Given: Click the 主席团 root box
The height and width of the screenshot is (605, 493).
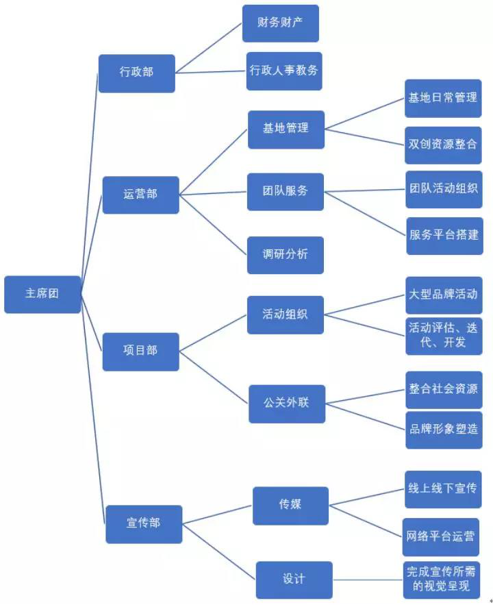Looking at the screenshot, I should click(x=42, y=294).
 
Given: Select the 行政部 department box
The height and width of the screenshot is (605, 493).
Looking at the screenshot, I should click(x=136, y=72).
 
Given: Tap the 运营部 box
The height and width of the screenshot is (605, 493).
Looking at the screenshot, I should click(x=140, y=194).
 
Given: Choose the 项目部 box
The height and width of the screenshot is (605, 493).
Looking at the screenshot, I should click(x=140, y=351).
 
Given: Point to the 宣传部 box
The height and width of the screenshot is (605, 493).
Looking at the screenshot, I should click(x=144, y=523).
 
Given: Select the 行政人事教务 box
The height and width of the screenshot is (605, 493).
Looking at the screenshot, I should click(x=283, y=70).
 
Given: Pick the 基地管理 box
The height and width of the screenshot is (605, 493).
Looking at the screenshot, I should click(x=286, y=128).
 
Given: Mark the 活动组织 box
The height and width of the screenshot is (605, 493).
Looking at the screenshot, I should click(x=286, y=314).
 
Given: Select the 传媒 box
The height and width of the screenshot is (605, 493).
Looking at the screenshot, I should click(x=290, y=505).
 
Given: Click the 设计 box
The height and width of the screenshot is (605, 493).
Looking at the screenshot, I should click(x=294, y=579).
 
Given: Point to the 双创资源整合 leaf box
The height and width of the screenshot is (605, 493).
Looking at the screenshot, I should click(x=443, y=145).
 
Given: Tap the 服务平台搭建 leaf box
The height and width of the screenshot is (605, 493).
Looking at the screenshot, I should click(x=444, y=234).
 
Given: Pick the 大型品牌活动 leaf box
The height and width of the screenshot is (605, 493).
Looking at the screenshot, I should click(x=443, y=295).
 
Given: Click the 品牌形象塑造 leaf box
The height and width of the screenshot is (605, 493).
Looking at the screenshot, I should click(x=443, y=429).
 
